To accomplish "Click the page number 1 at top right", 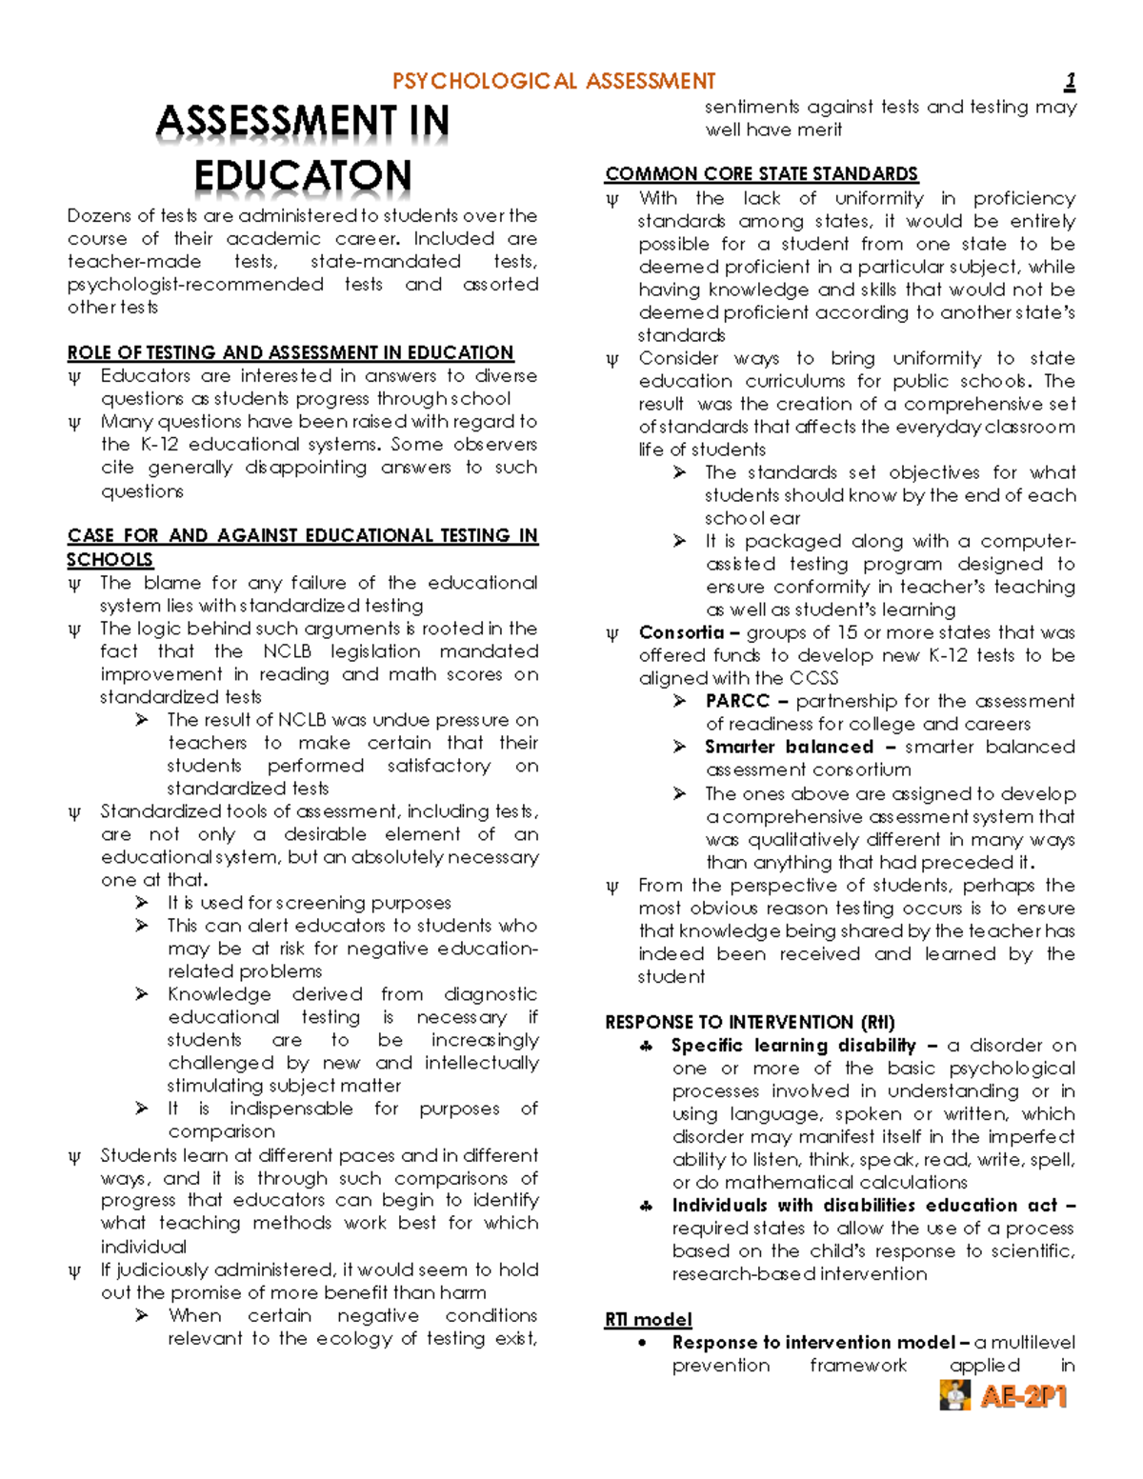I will coord(1071,82).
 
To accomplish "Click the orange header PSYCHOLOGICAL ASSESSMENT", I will coord(553,82).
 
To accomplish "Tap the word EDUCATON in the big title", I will coord(303,176).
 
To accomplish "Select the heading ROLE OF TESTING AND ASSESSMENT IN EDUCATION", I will coord(290,352).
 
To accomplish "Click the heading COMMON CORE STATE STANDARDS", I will coord(761,173).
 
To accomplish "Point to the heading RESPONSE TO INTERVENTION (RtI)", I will coord(750,1022).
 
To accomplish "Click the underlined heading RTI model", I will coord(648,1319).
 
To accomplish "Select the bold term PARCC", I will coord(737,701).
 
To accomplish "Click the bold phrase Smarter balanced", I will coord(789,747).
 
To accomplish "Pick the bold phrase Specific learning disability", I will coord(793,1045).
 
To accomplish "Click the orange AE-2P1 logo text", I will coord(1024,1397).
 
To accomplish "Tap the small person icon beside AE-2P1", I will coord(954,1395).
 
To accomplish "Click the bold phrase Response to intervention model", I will coord(813,1342).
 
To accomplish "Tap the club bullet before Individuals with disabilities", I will coord(647,1206).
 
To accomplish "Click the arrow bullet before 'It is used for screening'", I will coord(143,903).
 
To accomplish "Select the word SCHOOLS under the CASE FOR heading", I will coord(110,559).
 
